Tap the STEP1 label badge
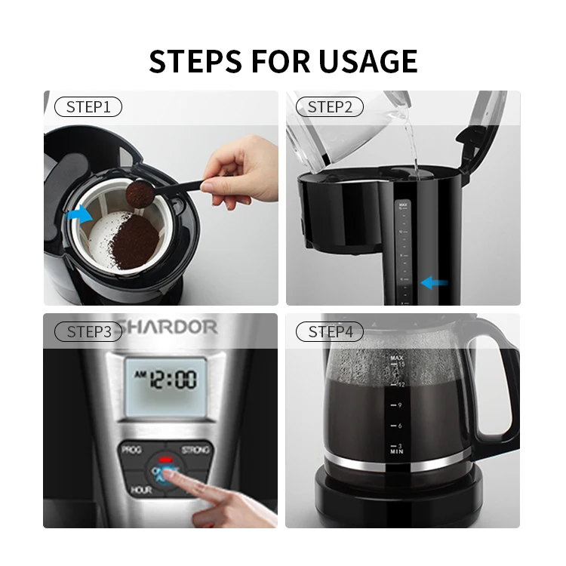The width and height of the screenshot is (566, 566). [x=88, y=107]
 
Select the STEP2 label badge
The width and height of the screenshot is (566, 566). [x=330, y=107]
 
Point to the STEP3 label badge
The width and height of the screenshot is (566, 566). [x=88, y=331]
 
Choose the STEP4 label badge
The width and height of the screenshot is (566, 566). [x=330, y=331]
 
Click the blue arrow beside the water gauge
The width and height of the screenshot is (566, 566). [x=434, y=283]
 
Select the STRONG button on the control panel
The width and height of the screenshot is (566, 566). [x=195, y=450]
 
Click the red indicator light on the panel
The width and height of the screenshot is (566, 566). [x=165, y=458]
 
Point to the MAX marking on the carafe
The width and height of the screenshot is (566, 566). [x=396, y=356]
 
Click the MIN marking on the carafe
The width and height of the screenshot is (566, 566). [x=396, y=451]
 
